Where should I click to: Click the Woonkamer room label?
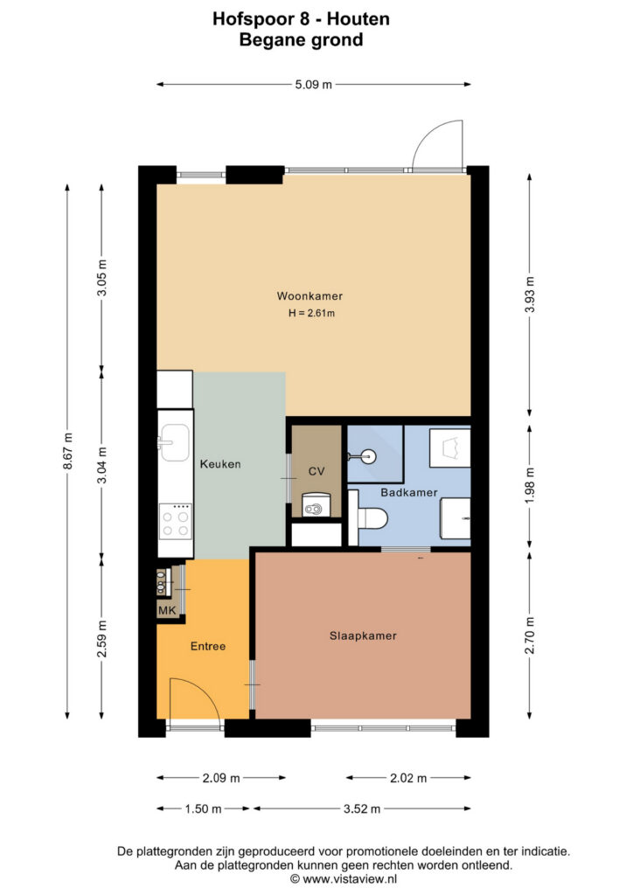click(310, 295)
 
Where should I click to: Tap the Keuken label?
click(220, 464)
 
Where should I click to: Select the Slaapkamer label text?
click(363, 636)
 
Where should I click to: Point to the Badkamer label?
click(408, 492)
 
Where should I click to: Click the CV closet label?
click(316, 471)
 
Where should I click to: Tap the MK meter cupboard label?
click(167, 610)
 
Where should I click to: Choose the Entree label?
click(208, 646)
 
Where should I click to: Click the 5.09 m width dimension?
click(313, 85)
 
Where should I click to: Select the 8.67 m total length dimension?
click(67, 451)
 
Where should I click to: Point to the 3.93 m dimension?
click(530, 294)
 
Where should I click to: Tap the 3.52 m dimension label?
click(362, 808)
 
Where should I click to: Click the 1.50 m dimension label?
click(203, 808)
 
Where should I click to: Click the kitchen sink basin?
click(173, 442)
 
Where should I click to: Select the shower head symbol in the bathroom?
click(363, 455)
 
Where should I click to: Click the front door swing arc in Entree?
click(205, 692)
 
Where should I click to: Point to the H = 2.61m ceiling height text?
click(311, 313)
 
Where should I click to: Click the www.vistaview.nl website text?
click(350, 879)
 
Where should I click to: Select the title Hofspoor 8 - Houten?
click(301, 19)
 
